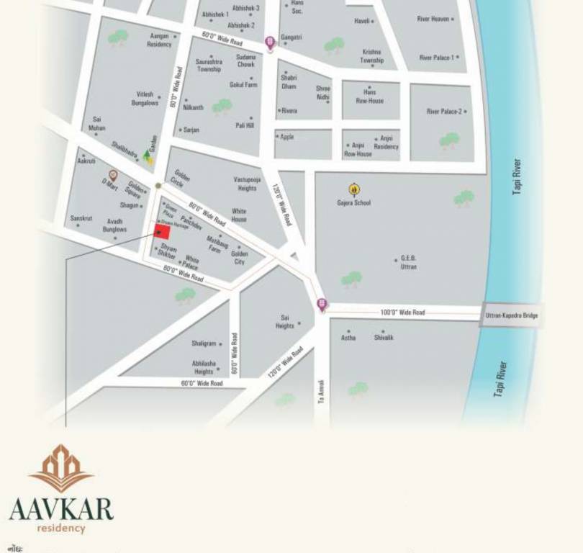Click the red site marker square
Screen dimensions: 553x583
tap(163, 231)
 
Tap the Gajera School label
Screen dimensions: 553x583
tap(353, 203)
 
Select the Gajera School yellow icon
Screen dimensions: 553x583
tap(354, 189)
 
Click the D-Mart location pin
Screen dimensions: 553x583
tap(113, 175)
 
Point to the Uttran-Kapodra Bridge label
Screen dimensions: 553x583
tap(511, 315)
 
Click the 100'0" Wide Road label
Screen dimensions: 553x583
tap(402, 313)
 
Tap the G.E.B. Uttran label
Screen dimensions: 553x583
tap(408, 262)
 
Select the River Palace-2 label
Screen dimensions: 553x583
tap(446, 112)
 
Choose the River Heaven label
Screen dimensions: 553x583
tap(433, 19)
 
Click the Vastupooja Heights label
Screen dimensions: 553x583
tap(247, 184)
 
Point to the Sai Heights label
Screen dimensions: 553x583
tap(285, 321)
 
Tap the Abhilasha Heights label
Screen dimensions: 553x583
tap(203, 367)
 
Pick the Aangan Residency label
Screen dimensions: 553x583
tap(160, 40)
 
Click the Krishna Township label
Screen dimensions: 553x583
tap(371, 56)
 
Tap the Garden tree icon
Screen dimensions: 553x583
tap(148, 155)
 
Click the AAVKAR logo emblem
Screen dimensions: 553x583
tap(61, 468)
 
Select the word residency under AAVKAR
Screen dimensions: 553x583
tap(61, 529)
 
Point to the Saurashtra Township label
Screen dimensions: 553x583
tap(209, 66)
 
